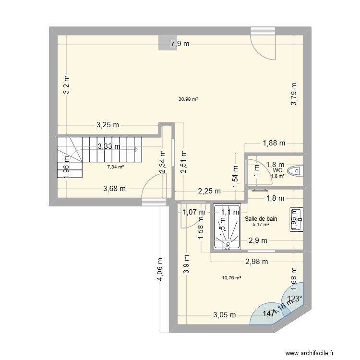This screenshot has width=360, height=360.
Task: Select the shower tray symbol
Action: [228, 228]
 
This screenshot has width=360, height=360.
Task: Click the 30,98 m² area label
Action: [188, 99]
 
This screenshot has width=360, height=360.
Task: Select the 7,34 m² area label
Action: [115, 167]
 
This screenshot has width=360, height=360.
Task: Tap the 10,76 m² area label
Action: [231, 277]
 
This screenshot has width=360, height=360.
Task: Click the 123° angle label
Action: [295, 299]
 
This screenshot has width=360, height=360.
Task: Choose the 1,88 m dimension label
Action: [274, 143]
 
